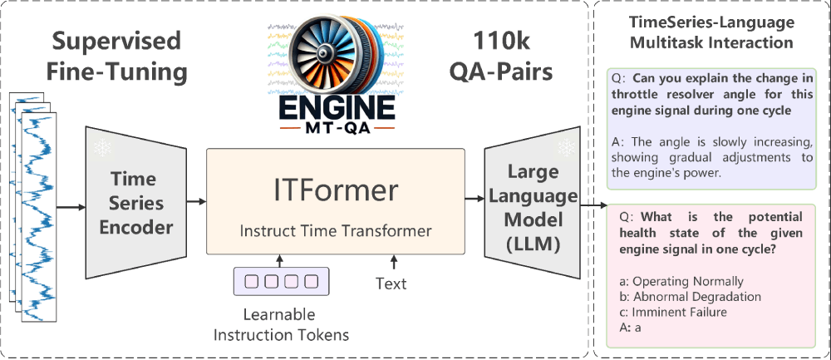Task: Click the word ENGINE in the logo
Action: [335, 109]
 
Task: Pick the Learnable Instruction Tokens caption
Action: [281, 325]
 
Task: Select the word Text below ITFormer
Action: [391, 284]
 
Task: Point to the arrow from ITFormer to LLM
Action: [475, 200]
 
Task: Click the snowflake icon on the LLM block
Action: [568, 146]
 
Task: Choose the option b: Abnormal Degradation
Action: [685, 296]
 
